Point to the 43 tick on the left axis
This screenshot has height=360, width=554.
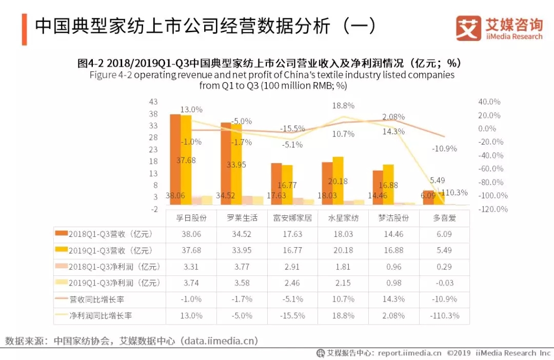(153, 102)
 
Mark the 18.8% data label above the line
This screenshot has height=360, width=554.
(343, 106)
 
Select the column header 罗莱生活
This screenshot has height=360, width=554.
(242, 218)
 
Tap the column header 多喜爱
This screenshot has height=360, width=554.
(444, 218)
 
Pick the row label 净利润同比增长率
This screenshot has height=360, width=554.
(101, 316)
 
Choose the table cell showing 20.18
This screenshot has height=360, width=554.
(343, 251)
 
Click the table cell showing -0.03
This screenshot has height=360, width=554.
(444, 283)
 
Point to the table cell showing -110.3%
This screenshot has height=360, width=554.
(444, 316)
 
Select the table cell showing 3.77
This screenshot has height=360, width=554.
(242, 267)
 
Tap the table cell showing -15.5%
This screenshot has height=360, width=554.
(293, 316)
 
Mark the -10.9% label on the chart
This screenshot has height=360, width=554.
(444, 149)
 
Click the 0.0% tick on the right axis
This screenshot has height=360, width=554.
(487, 129)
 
